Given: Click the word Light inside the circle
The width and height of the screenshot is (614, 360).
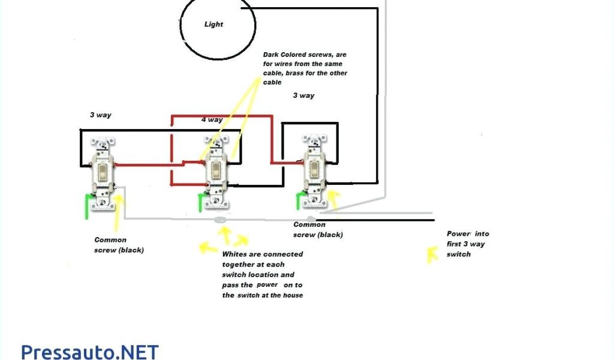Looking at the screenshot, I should click(213, 25).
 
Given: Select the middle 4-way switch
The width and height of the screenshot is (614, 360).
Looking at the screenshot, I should click(216, 172).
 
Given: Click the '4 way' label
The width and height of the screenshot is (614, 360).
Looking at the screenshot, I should click(212, 119).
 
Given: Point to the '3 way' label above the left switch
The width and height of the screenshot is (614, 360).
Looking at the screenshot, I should click(100, 115).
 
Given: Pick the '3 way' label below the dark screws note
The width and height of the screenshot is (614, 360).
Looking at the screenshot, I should click(303, 95).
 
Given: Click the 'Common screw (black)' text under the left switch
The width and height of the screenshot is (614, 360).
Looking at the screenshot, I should click(119, 245).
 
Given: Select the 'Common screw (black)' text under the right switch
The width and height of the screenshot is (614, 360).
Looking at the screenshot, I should click(318, 230).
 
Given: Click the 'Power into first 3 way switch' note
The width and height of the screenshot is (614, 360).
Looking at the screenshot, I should click(466, 244).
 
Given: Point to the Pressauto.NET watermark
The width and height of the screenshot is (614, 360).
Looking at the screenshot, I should click(90, 351).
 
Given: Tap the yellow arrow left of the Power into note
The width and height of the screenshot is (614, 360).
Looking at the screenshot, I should click(431, 254).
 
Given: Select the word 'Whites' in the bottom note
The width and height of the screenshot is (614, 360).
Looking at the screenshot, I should click(234, 254).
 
